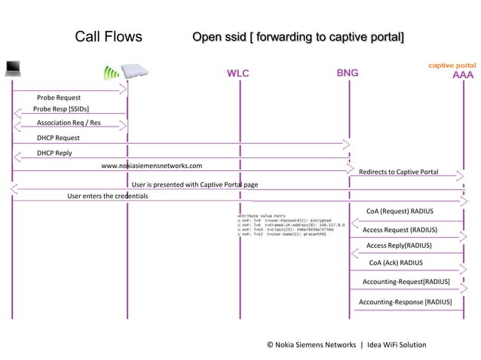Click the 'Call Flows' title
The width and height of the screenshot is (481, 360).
pos(109,38)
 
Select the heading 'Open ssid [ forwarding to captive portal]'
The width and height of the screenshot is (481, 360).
pos(298,38)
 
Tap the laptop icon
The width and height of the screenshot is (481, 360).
pos(13,70)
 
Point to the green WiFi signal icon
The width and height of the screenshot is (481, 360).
pos(112,73)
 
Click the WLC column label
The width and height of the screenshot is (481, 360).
pos(238,74)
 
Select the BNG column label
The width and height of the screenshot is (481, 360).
pos(348,73)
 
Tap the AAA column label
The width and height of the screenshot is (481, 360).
pos(463,75)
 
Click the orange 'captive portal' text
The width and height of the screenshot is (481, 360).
pos(452,66)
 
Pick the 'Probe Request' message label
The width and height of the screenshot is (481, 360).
pos(59,98)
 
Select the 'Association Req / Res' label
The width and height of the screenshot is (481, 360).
pos(69,123)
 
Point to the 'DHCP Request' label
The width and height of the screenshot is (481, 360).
pos(58,139)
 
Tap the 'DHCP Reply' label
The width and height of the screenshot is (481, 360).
pos(54,153)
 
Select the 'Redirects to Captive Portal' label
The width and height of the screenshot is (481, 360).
pos(398,172)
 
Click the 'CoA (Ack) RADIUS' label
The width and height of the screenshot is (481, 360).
pos(396,263)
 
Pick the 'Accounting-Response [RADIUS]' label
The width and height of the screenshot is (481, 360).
pos(405,302)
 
